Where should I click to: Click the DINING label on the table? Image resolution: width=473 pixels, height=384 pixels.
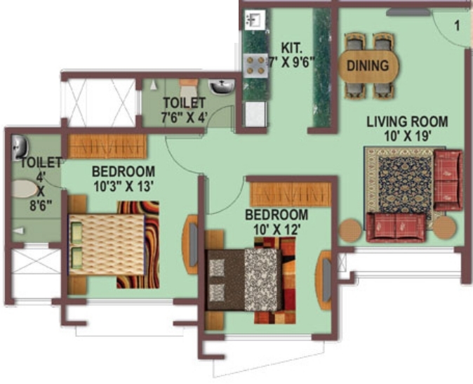pos(368,66)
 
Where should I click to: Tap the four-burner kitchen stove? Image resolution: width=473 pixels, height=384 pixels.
pos(255,65)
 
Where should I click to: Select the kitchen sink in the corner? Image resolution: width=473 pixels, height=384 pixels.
pos(255,20)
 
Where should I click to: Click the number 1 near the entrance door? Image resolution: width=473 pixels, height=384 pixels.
pos(457,26)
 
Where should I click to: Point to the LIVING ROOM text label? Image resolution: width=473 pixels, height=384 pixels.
pos(407,121)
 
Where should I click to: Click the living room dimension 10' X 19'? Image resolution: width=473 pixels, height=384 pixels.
pos(407,136)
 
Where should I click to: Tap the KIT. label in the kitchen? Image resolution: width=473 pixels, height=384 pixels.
pos(291,48)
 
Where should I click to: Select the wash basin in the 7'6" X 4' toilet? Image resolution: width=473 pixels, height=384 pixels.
pos(222,87)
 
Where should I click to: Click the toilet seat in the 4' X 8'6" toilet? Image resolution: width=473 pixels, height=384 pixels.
pos(25,189)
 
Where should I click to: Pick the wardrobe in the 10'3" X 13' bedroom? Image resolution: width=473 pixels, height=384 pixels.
pos(107,147)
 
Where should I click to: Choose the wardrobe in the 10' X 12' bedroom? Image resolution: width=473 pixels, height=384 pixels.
pos(291,194)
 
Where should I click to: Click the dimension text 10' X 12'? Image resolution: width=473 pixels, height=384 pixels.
pos(277,230)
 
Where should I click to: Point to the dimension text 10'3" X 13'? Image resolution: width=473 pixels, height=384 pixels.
pos(122,186)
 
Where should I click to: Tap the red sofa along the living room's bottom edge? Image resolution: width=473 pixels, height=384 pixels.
pos(396,227)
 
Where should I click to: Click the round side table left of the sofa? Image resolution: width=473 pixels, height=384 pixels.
pos(350,230)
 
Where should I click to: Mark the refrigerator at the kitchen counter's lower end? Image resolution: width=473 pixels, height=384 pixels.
pos(255,114)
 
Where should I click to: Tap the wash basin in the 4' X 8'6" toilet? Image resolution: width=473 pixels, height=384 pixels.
pos(20,147)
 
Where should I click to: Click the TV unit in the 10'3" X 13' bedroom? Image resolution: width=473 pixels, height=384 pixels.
pos(190,244)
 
